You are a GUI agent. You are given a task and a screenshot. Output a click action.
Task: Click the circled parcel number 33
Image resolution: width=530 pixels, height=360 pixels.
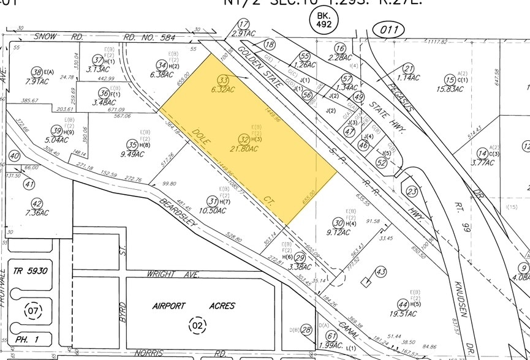click(x=224, y=80)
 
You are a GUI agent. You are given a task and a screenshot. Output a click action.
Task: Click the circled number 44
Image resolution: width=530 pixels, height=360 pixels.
click(x=403, y=304)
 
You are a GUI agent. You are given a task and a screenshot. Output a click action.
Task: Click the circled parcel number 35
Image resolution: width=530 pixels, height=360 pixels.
click(x=131, y=145)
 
